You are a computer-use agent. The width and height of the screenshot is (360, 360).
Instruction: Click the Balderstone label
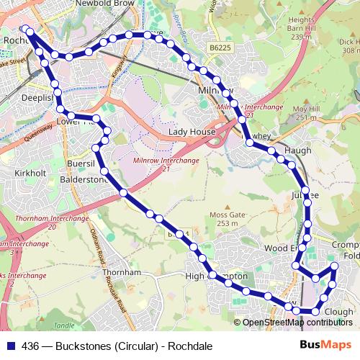pyautogui.click(x=84, y=179)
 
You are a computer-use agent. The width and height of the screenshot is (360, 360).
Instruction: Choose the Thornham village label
pyautogui.click(x=120, y=274)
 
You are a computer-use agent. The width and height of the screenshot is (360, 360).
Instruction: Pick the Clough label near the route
pyautogui.click(x=338, y=312)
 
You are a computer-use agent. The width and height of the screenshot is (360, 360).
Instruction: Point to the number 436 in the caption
pyautogui.click(x=31, y=346)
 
